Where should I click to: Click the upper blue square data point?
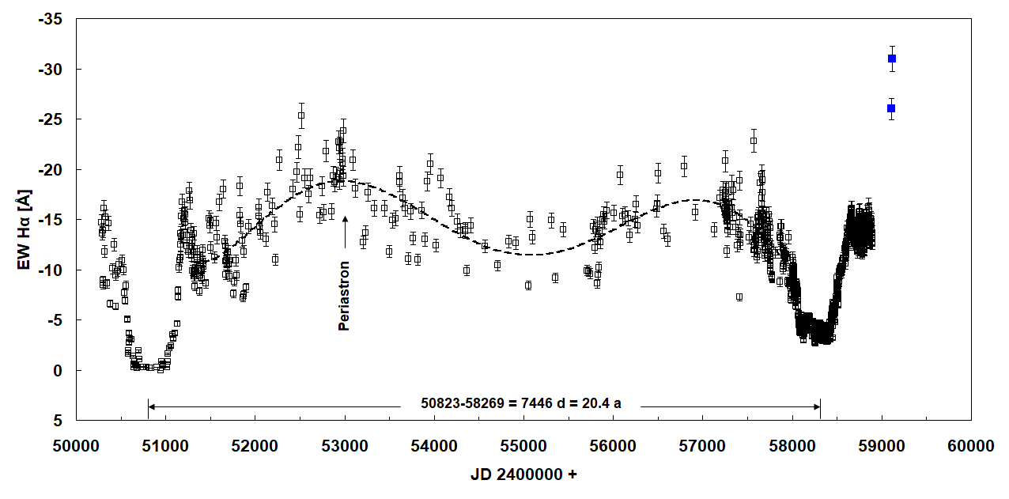pyautogui.click(x=892, y=59)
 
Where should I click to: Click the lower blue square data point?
pyautogui.click(x=891, y=108)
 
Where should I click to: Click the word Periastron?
pyautogui.click(x=344, y=295)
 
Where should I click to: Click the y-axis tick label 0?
pyautogui.click(x=58, y=370)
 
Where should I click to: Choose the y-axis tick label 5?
pyautogui.click(x=58, y=420)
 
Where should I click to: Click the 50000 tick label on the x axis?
pyautogui.click(x=76, y=446)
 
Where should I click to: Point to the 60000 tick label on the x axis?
pyautogui.click(x=971, y=446)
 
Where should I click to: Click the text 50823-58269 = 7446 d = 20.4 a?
pyautogui.click(x=521, y=404)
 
